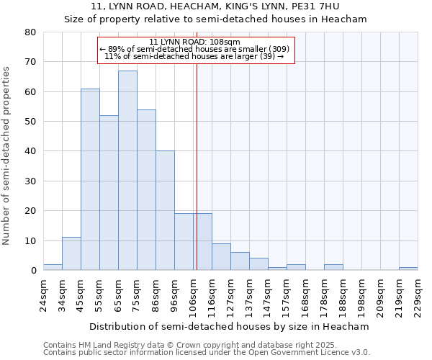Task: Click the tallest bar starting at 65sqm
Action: (x=127, y=171)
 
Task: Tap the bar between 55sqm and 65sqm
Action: (x=109, y=193)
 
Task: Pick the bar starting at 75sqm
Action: (x=146, y=190)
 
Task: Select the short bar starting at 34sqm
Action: (x=71, y=254)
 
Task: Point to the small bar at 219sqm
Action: (x=408, y=269)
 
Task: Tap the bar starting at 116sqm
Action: (x=221, y=257)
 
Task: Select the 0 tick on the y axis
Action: (x=33, y=271)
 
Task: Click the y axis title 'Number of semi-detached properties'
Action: (x=7, y=156)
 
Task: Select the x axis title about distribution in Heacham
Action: (x=229, y=326)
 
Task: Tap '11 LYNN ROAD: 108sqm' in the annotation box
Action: (x=196, y=42)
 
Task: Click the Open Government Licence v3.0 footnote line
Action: (x=207, y=353)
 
